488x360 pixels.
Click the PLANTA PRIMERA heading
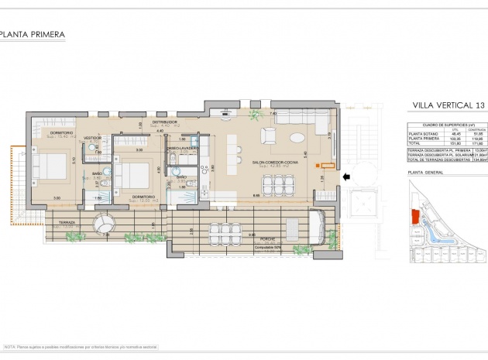(x=33, y=34)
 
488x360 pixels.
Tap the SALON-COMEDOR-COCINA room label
(x=270, y=163)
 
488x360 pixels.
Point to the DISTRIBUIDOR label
(x=165, y=122)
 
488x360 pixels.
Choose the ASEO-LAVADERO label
(x=183, y=147)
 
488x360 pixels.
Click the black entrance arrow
(x=348, y=177)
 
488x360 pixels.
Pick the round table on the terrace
(x=104, y=225)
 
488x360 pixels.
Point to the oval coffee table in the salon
(x=297, y=138)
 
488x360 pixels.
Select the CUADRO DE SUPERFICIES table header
(x=447, y=124)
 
